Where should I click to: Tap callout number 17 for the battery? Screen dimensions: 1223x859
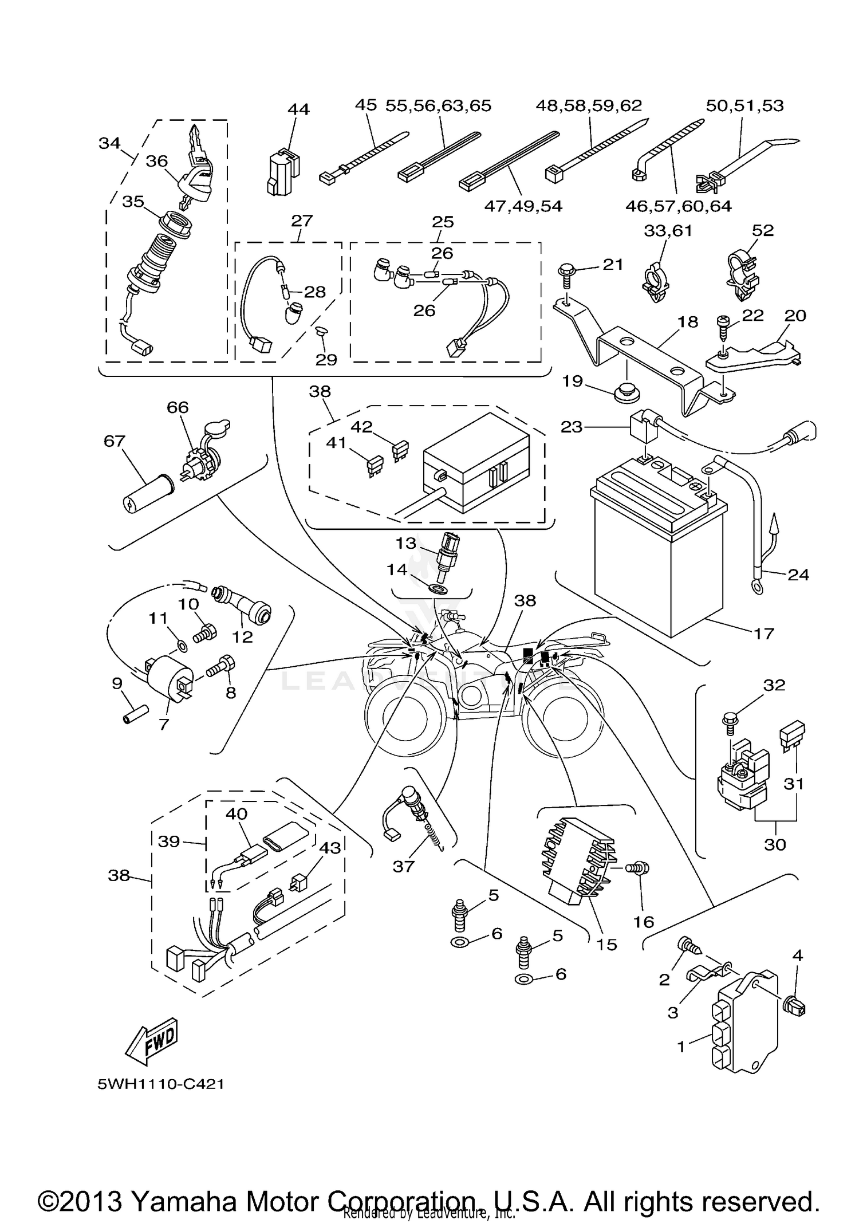pos(763,634)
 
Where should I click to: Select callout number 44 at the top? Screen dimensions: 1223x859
pos(298,109)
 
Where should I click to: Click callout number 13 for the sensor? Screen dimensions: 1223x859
pos(406,543)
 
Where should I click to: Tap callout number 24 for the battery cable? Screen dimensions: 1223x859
pos(798,575)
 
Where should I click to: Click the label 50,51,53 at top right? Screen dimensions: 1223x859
pos(744,105)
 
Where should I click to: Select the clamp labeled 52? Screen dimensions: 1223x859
pos(742,275)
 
